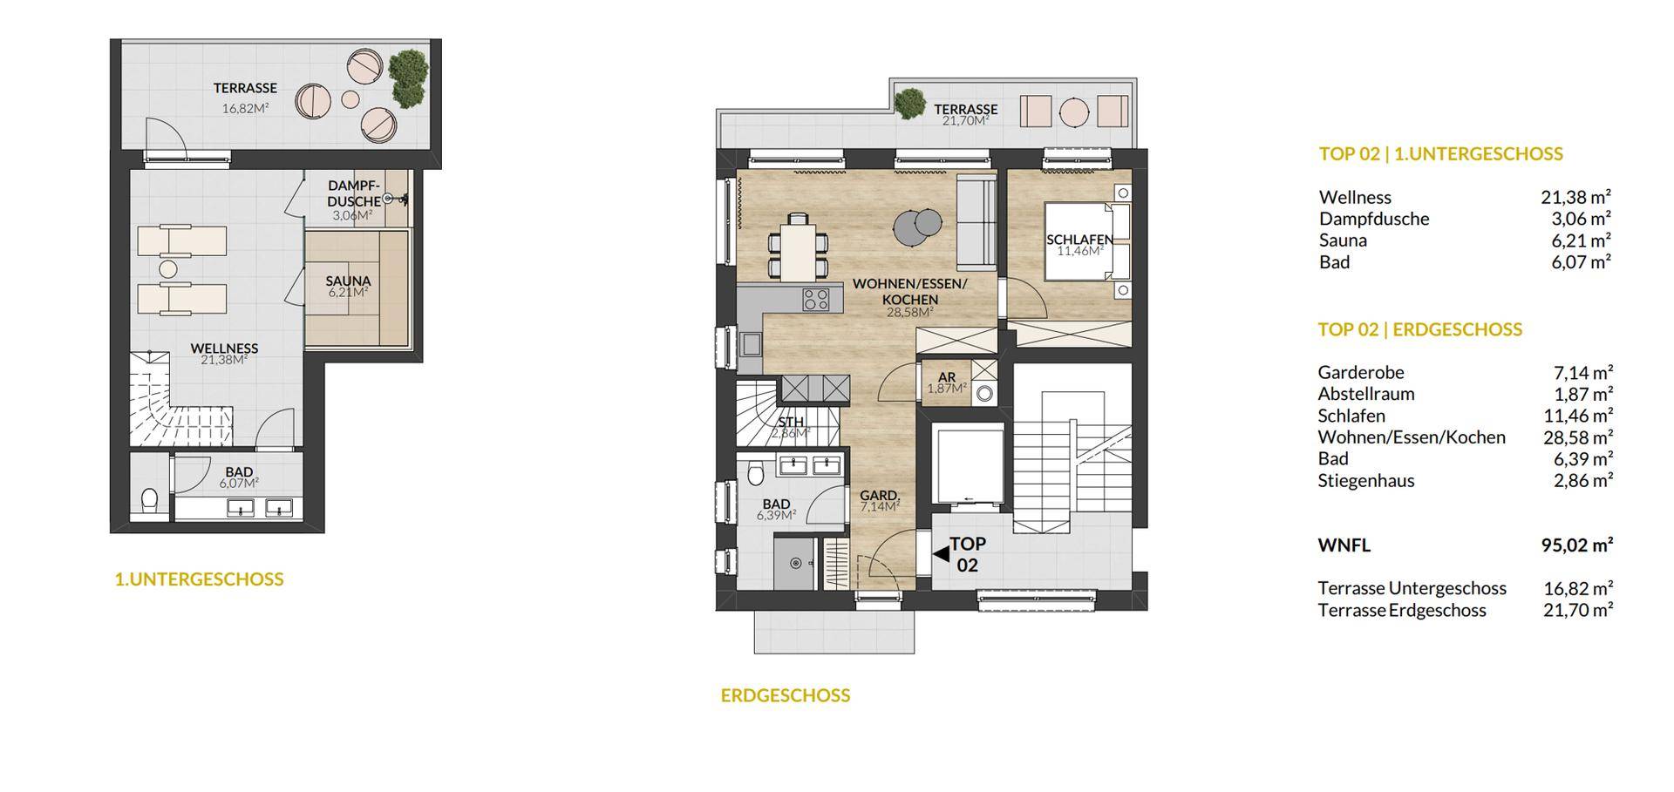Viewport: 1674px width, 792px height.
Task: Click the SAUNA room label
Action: (349, 281)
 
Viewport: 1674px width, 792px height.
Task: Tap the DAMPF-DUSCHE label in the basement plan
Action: (355, 193)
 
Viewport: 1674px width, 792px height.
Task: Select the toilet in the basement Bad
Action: (150, 500)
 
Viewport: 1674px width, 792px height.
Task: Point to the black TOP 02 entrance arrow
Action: (941, 553)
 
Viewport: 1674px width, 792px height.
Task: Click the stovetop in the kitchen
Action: (817, 300)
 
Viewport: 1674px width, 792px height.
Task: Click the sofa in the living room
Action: (976, 222)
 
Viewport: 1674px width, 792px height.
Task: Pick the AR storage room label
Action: (947, 377)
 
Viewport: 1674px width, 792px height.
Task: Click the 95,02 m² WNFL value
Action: (1578, 545)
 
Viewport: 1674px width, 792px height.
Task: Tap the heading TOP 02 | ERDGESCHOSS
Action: (1420, 329)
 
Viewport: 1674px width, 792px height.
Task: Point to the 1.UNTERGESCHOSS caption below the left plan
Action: (199, 579)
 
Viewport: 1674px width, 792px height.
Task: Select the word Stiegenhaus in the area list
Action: (1366, 480)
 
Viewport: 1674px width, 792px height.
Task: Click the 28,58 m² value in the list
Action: (1578, 437)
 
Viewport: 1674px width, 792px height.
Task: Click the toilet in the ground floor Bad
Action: (756, 473)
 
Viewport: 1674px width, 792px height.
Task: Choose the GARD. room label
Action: (880, 496)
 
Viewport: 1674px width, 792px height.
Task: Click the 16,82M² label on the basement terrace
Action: (245, 109)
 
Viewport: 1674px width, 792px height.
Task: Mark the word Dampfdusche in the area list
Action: (1374, 219)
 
